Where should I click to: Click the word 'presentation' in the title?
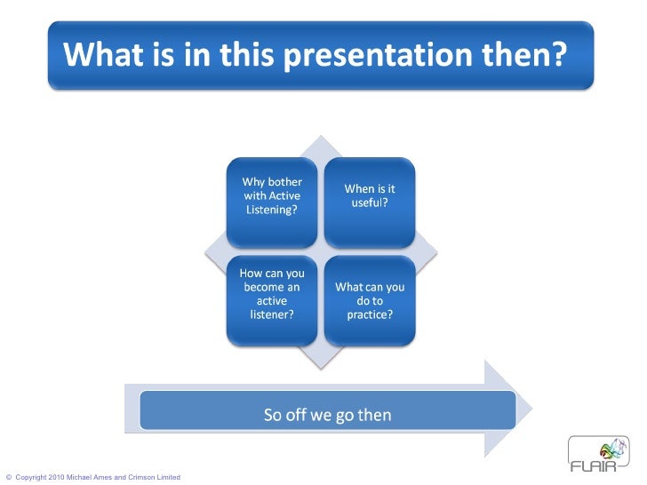(387, 55)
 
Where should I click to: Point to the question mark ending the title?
(555, 55)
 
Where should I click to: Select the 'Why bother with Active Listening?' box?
(271, 202)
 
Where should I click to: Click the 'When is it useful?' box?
(369, 202)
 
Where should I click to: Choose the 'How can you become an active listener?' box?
(271, 300)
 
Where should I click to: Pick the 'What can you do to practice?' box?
(369, 300)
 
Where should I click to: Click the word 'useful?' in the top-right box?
(370, 203)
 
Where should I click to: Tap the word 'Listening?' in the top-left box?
(271, 211)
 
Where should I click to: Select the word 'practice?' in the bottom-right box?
(370, 315)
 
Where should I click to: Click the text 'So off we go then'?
(327, 415)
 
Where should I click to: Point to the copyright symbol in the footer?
(8, 478)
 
